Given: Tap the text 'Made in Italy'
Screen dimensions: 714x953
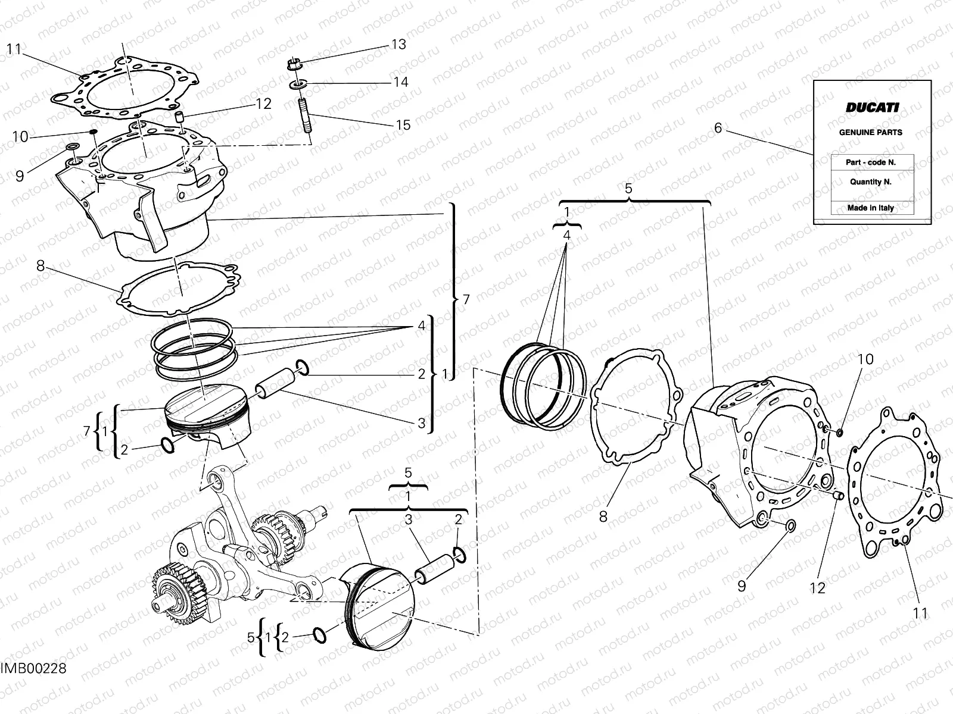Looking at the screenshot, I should [x=870, y=208].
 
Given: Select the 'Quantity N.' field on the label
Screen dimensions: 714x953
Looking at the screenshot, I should [x=870, y=182].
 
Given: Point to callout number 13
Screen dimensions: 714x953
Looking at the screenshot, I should [x=398, y=45].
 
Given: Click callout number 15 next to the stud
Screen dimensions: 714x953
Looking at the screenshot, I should [x=403, y=125].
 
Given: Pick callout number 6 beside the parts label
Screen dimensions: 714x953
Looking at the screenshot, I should [x=718, y=128].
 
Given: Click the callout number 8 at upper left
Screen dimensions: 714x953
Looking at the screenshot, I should [x=41, y=266].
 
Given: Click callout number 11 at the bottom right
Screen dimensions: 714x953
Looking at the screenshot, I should [x=920, y=613].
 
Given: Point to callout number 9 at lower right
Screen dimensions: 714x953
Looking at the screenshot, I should [x=742, y=586].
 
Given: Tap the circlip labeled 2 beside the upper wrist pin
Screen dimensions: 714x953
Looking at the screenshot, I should [x=301, y=369].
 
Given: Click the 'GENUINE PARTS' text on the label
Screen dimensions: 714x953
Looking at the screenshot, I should [x=870, y=133].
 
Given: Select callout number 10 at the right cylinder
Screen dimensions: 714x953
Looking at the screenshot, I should [x=865, y=359].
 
